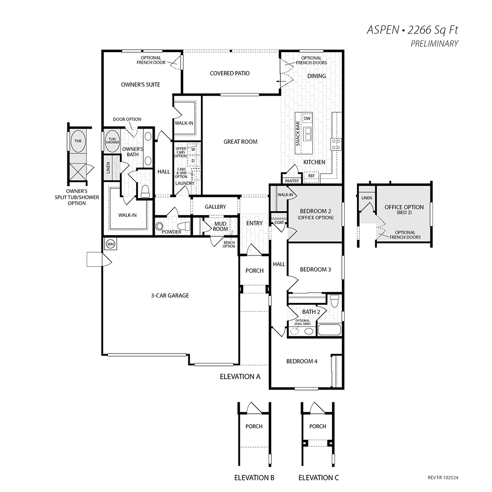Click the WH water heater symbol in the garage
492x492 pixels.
(111, 244)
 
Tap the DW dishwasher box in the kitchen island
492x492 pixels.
(307, 118)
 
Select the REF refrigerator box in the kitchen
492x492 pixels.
(311, 176)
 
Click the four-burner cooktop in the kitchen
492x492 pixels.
(336, 144)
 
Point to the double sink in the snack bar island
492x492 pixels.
(307, 134)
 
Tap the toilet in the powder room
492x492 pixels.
(184, 226)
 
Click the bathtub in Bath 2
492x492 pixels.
(329, 330)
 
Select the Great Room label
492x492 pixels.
(240, 142)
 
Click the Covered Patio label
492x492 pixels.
(230, 73)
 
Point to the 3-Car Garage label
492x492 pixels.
(170, 295)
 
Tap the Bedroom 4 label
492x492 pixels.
(302, 361)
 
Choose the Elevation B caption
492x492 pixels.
(255, 478)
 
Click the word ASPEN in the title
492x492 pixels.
(383, 30)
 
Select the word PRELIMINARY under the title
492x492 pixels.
(434, 44)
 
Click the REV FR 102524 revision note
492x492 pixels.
(443, 478)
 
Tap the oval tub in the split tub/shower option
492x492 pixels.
(78, 141)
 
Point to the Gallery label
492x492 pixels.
(215, 207)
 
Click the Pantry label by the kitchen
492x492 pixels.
(292, 181)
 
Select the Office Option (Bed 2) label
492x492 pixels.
(404, 209)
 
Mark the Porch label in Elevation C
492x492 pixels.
(318, 426)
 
